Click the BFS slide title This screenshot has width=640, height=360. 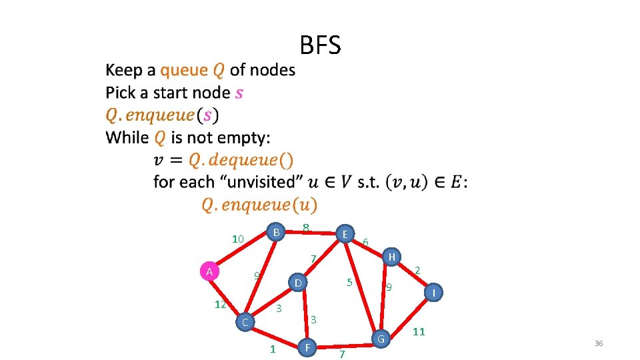pos(320,45)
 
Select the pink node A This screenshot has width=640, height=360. pos(209,271)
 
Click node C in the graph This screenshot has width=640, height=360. pos(245,323)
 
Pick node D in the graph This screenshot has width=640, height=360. pos(299,283)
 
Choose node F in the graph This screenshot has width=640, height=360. pos(307,347)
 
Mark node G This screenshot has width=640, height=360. pos(381,339)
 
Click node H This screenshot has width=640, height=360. pos(392,257)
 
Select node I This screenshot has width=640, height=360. pos(434,292)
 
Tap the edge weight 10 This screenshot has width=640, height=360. pos(238,239)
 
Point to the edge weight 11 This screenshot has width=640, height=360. pos(419,331)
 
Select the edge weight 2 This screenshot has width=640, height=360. pos(417,270)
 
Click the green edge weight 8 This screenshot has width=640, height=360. pos(305,227)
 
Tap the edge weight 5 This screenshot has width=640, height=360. pos(349,282)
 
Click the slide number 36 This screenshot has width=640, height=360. pos(598,343)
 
